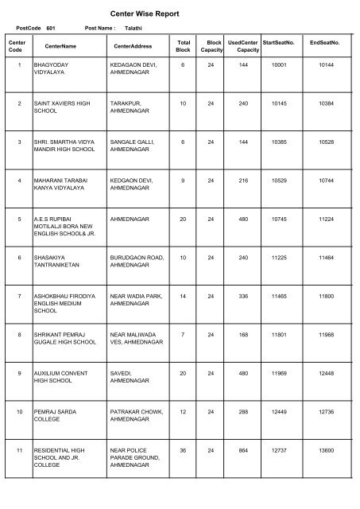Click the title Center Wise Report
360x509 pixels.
coord(180,14)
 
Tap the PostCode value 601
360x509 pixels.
coord(52,28)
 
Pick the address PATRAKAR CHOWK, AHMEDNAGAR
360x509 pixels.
coord(137,419)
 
